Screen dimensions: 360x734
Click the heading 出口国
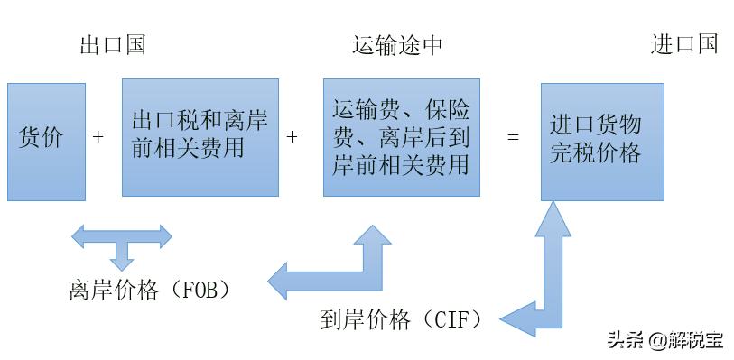[113, 45]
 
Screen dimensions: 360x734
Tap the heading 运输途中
[398, 45]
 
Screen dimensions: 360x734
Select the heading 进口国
[684, 44]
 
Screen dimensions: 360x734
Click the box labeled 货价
[46, 141]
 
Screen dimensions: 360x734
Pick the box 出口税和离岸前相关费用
[200, 137]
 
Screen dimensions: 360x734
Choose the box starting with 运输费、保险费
[402, 137]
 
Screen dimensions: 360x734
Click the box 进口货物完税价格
[602, 142]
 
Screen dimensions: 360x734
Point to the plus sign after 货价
[98, 138]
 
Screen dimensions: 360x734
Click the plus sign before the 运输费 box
[292, 138]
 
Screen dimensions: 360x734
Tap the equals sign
[514, 138]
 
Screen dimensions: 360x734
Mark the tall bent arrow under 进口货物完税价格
[547, 271]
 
